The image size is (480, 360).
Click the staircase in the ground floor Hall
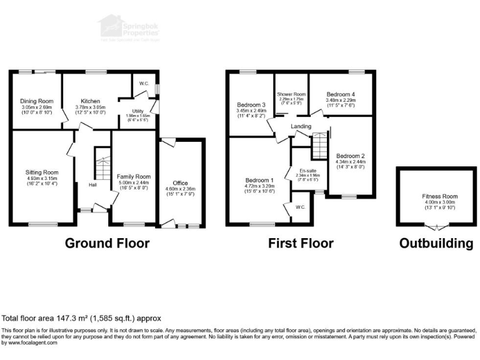pyautogui.click(x=101, y=164)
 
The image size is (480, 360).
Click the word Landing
pyautogui.click(x=301, y=127)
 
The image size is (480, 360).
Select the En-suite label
pyautogui.click(x=307, y=169)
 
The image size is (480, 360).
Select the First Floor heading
pyautogui.click(x=300, y=243)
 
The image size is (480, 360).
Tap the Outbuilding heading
pyautogui.click(x=436, y=243)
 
